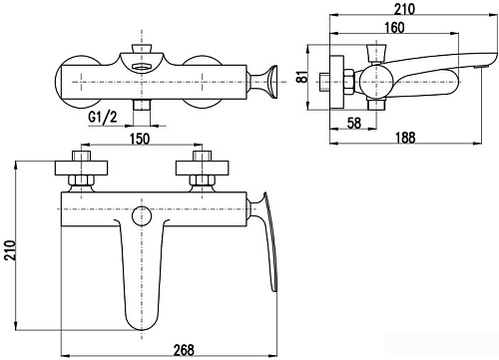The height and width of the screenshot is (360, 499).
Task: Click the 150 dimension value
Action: tap(139, 139)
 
